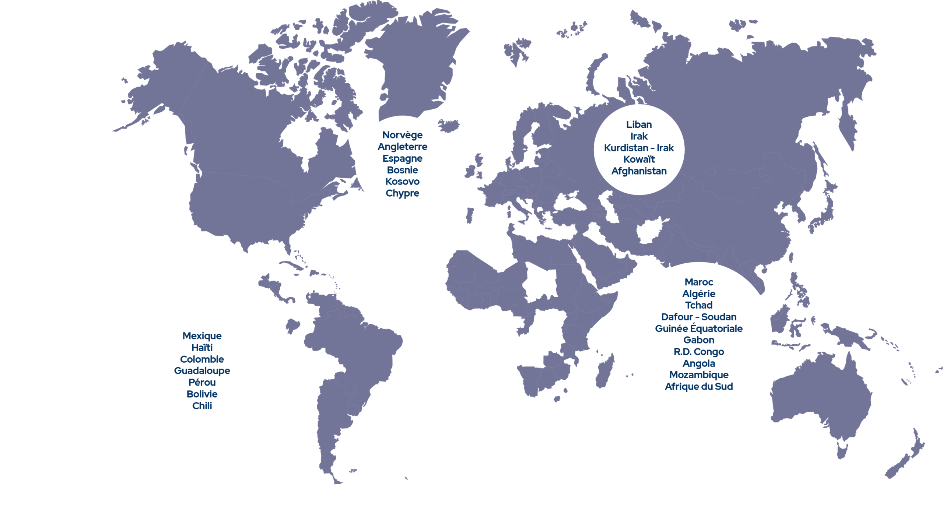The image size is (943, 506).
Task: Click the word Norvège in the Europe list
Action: (402, 135)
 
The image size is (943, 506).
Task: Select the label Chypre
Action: (402, 193)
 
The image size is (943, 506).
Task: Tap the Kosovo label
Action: (402, 182)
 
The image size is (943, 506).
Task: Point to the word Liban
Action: (639, 124)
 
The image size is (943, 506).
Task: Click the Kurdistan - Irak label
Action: (639, 148)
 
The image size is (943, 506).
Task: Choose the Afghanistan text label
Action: (639, 171)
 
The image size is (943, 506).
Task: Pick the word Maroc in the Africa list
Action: (699, 282)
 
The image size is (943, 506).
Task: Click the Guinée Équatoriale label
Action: (699, 328)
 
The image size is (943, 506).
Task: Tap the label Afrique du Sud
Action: (699, 387)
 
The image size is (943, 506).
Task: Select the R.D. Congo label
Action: (699, 352)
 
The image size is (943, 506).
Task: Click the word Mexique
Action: (202, 336)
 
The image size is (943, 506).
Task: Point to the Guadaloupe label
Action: (202, 371)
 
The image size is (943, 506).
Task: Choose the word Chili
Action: (202, 406)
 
